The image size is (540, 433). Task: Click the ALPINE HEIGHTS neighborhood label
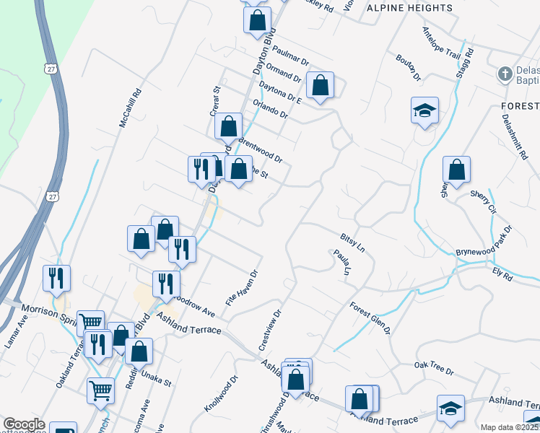point(409,8)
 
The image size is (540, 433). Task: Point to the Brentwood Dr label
point(260,148)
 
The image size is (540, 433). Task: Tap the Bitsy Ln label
point(354,240)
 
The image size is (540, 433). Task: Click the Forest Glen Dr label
point(370,318)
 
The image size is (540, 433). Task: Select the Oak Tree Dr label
point(433,370)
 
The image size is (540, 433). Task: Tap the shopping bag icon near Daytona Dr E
point(320,86)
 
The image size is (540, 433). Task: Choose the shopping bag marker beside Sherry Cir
point(456,171)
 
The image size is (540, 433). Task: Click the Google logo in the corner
point(23,424)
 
